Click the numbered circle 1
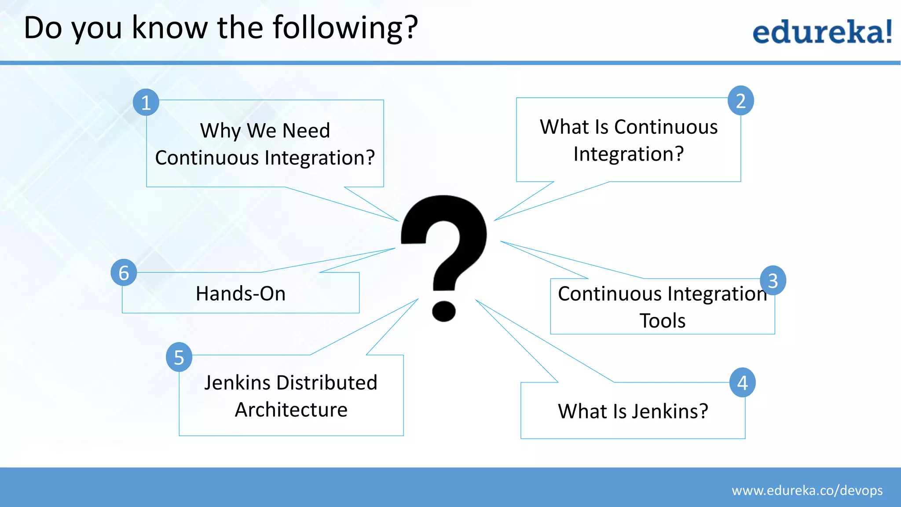tap(146, 103)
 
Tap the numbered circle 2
tap(741, 101)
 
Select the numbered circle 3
tap(773, 280)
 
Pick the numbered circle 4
tap(743, 382)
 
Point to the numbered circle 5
tap(179, 357)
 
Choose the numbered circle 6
tap(124, 272)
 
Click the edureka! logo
tap(822, 32)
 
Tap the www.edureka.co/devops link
tap(807, 490)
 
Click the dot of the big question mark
tap(443, 311)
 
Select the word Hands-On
tap(241, 294)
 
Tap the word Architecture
tap(291, 410)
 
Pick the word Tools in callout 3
tap(662, 321)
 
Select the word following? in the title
tap(345, 28)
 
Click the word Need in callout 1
tap(306, 131)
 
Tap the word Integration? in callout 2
tap(629, 154)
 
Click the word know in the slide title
tap(169, 28)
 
